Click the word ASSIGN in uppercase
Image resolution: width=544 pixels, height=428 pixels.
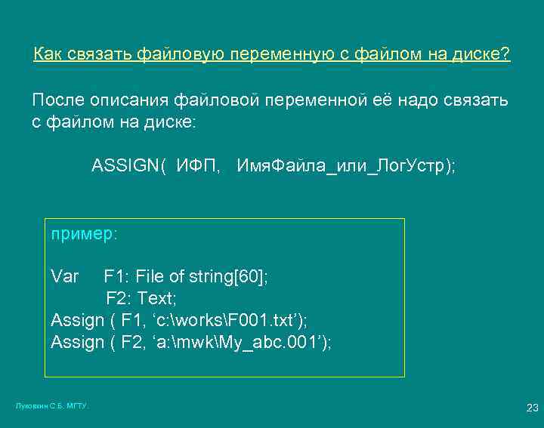[x=125, y=166]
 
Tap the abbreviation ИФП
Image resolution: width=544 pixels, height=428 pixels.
[x=199, y=166]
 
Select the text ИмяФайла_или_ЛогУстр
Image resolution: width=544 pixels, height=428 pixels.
[x=345, y=166]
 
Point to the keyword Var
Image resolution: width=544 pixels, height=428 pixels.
[x=65, y=276]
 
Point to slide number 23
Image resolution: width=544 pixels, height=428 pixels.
[x=532, y=408]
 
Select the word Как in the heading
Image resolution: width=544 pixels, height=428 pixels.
[x=50, y=55]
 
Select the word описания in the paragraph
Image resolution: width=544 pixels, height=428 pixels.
[x=131, y=100]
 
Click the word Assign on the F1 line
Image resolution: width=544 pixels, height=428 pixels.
[x=77, y=320]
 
